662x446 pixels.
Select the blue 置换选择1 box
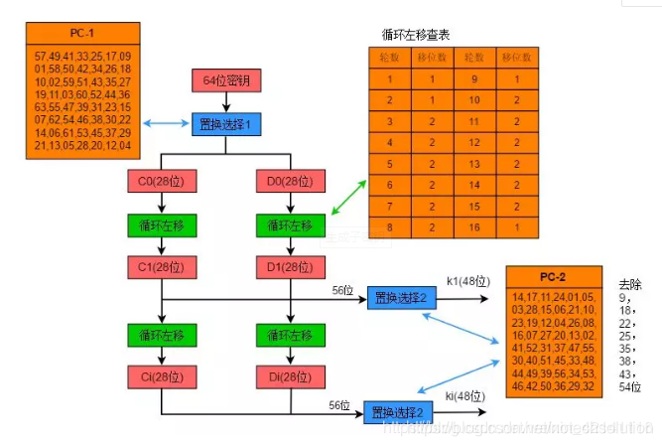click(x=225, y=124)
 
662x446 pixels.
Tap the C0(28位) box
click(x=160, y=183)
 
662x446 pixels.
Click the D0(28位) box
click(x=290, y=183)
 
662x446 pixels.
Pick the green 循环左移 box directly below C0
click(x=160, y=225)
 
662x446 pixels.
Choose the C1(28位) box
click(x=160, y=267)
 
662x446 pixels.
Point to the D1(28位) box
click(x=290, y=267)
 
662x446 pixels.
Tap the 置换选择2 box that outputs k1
click(x=402, y=297)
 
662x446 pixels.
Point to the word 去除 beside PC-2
click(x=631, y=283)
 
